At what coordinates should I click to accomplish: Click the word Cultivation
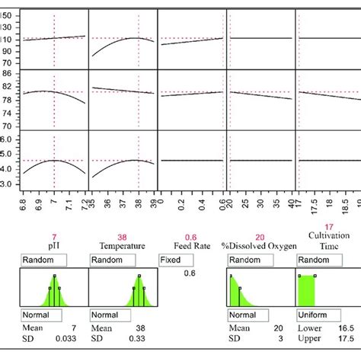pyautogui.click(x=328, y=237)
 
